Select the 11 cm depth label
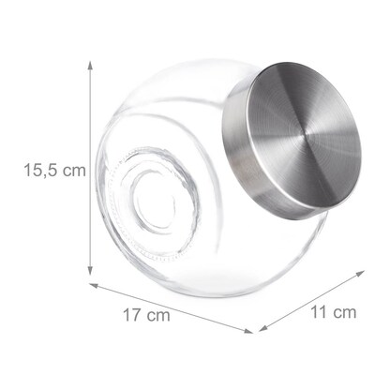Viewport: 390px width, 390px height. pyautogui.click(x=333, y=311)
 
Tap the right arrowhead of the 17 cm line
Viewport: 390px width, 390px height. pyautogui.click(x=251, y=330)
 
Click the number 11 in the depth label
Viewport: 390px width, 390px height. pyautogui.click(x=319, y=311)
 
